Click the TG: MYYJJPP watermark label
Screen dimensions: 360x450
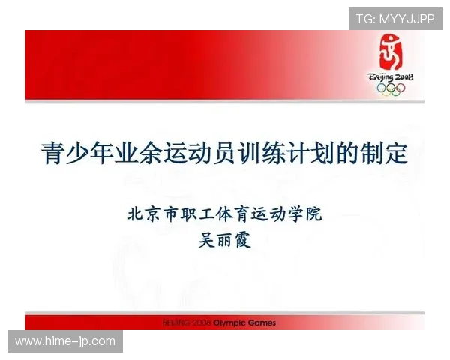tap(395, 18)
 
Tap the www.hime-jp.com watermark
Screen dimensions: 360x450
tap(65, 341)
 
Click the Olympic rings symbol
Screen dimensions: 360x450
tap(390, 88)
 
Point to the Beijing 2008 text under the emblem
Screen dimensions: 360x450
tap(390, 76)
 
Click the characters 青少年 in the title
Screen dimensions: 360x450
tap(79, 154)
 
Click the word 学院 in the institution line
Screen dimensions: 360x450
tap(304, 214)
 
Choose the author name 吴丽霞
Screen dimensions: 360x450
tap(225, 241)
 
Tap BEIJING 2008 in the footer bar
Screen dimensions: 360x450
tap(187, 323)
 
